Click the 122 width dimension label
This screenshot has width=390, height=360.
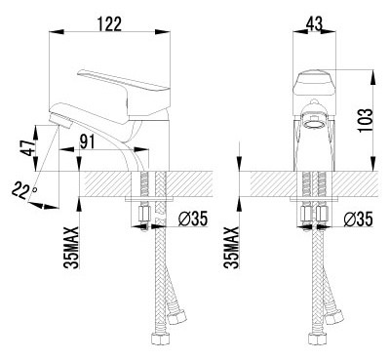click(110, 24)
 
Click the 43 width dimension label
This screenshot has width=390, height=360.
click(314, 23)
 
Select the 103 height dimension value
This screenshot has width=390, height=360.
click(365, 120)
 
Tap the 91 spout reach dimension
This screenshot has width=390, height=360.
click(87, 141)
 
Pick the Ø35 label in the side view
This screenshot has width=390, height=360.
click(193, 220)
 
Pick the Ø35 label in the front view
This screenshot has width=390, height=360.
click(358, 220)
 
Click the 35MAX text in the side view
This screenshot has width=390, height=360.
click(71, 248)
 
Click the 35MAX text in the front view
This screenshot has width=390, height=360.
click(231, 248)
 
